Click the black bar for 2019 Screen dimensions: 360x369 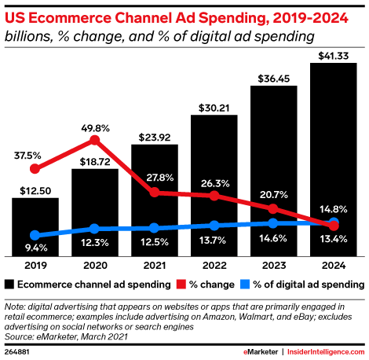coord(35,228)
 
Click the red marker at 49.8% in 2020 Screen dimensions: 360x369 coord(95,140)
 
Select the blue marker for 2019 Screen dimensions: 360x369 coord(35,235)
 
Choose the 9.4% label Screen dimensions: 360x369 coord(35,248)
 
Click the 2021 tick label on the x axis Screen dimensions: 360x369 coord(154,266)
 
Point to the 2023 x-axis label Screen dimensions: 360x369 coord(273,266)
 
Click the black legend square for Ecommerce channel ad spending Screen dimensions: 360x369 coord(9,283)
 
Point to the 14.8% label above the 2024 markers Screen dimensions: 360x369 coord(333,208)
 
